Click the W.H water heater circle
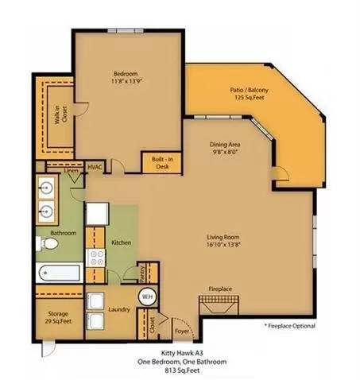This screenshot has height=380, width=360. tap(147, 297)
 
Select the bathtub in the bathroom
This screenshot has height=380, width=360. tap(60, 273)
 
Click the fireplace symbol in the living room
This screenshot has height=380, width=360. tap(219, 305)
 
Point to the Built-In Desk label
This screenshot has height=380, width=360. tap(162, 163)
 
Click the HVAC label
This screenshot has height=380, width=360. tap(95, 167)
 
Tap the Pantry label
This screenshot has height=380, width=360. tap(142, 273)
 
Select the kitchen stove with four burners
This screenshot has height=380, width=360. tap(95, 258)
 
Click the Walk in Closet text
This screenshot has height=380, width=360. tap(60, 115)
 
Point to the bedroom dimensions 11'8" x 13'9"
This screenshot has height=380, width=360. tap(126, 81)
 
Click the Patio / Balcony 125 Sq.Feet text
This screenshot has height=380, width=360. tap(249, 94)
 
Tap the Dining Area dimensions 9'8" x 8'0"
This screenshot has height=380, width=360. tap(225, 152)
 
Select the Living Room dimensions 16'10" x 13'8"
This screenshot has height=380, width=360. tap(223, 244)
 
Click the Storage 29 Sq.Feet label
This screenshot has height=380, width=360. tap(58, 317)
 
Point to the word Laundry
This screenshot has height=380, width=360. tap(119, 309)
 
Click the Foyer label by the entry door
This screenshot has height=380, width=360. tap(182, 332)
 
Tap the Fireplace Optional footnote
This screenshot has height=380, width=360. tap(290, 326)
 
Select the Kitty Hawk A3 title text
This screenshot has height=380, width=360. tap(182, 353)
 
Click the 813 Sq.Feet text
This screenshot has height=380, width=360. tap(182, 370)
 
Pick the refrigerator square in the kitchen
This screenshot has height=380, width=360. tap(97, 214)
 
